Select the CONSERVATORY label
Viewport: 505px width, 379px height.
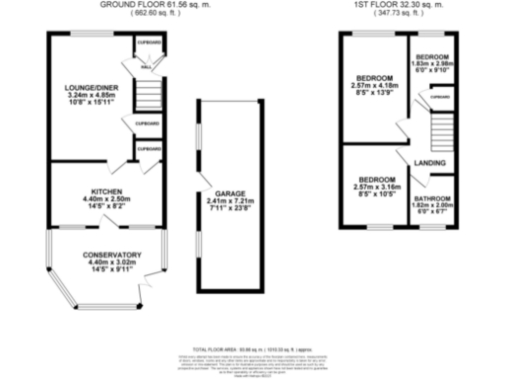click(105, 254)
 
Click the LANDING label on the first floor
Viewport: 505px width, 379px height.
click(428, 163)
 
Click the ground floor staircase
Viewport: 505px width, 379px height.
click(146, 97)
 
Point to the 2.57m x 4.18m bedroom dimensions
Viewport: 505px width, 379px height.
click(375, 86)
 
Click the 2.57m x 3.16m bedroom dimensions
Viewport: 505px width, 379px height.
click(375, 188)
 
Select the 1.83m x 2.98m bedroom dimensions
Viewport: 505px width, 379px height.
click(432, 65)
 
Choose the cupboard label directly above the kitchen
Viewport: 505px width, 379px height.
click(149, 149)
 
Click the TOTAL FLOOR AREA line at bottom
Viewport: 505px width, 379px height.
click(252, 349)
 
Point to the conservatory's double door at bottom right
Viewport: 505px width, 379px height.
click(150, 283)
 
